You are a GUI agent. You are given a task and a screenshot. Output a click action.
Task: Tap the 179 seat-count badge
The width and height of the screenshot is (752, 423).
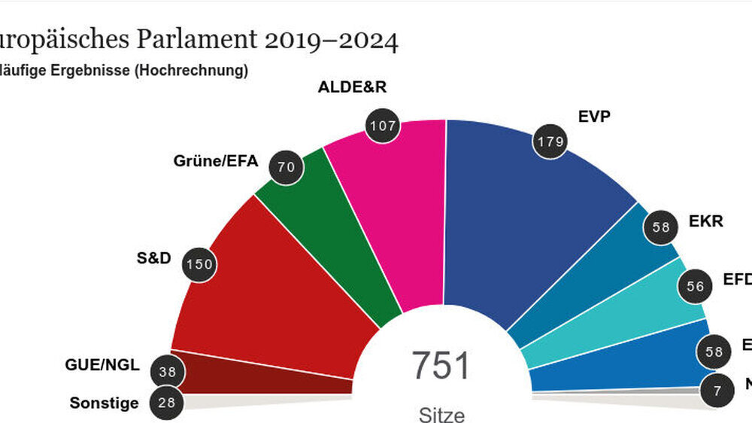(x=550, y=142)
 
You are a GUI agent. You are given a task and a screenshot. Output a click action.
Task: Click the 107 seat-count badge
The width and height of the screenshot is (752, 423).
(x=382, y=126)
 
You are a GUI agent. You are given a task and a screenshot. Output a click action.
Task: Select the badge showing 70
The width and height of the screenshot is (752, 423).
(x=287, y=167)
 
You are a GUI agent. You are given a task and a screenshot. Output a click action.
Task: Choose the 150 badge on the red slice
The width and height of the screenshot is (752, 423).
(x=200, y=263)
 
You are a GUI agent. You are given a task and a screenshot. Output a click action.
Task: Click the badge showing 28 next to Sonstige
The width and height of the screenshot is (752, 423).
(x=166, y=403)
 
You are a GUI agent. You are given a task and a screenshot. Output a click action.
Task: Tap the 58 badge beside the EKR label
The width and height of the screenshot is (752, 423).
(x=661, y=227)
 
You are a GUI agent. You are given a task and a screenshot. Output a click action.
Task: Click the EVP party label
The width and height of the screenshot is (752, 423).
(x=594, y=117)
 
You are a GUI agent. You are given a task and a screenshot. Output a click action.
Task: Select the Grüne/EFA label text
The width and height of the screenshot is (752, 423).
(x=216, y=160)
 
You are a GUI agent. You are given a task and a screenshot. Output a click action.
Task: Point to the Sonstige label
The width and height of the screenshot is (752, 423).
(x=104, y=403)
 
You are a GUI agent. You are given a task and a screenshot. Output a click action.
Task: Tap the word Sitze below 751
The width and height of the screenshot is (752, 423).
(x=441, y=414)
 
